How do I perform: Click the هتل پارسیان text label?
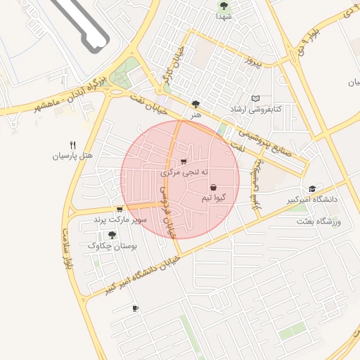click(72, 156)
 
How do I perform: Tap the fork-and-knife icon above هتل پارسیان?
click(72, 145)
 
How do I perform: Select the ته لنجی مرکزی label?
click(185, 172)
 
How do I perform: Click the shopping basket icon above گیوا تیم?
click(213, 188)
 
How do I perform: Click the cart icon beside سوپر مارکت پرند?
click(120, 209)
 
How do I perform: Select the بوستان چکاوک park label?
click(112, 246)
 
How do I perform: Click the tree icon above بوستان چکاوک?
click(112, 234)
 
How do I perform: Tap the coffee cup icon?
click(135, 308)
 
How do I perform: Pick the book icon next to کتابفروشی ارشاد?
click(255, 98)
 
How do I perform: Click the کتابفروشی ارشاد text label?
click(257, 110)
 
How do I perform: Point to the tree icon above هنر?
click(195, 103)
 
